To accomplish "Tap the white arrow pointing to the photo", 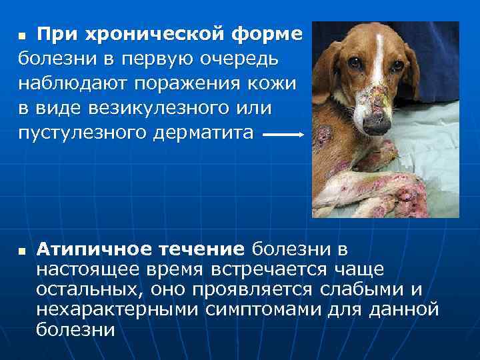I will click(x=283, y=134).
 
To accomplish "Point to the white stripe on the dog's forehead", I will click(x=378, y=47).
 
